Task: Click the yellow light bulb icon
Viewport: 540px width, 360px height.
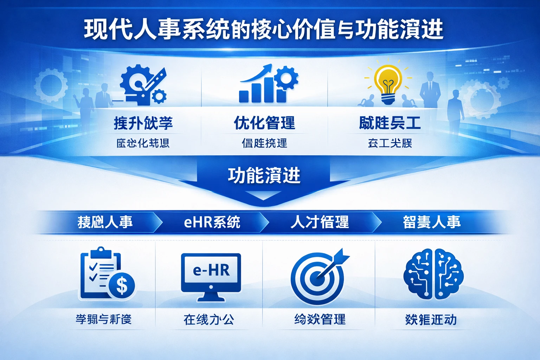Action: point(388,84)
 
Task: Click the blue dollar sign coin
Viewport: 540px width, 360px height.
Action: point(122,285)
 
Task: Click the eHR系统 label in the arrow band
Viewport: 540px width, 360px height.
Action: point(212,222)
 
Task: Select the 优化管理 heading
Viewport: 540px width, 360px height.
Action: point(264,123)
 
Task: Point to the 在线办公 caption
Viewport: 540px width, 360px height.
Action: point(209,320)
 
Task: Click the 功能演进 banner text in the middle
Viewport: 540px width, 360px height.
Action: point(264,175)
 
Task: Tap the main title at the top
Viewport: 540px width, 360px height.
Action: point(264,30)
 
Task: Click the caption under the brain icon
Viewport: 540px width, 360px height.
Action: point(431,320)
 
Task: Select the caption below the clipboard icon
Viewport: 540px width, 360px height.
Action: point(104,320)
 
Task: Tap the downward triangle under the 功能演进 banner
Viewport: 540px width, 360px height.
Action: point(263,195)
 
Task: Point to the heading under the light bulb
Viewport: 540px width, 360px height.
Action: point(390,123)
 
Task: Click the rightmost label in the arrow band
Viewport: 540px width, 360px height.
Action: point(431,222)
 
